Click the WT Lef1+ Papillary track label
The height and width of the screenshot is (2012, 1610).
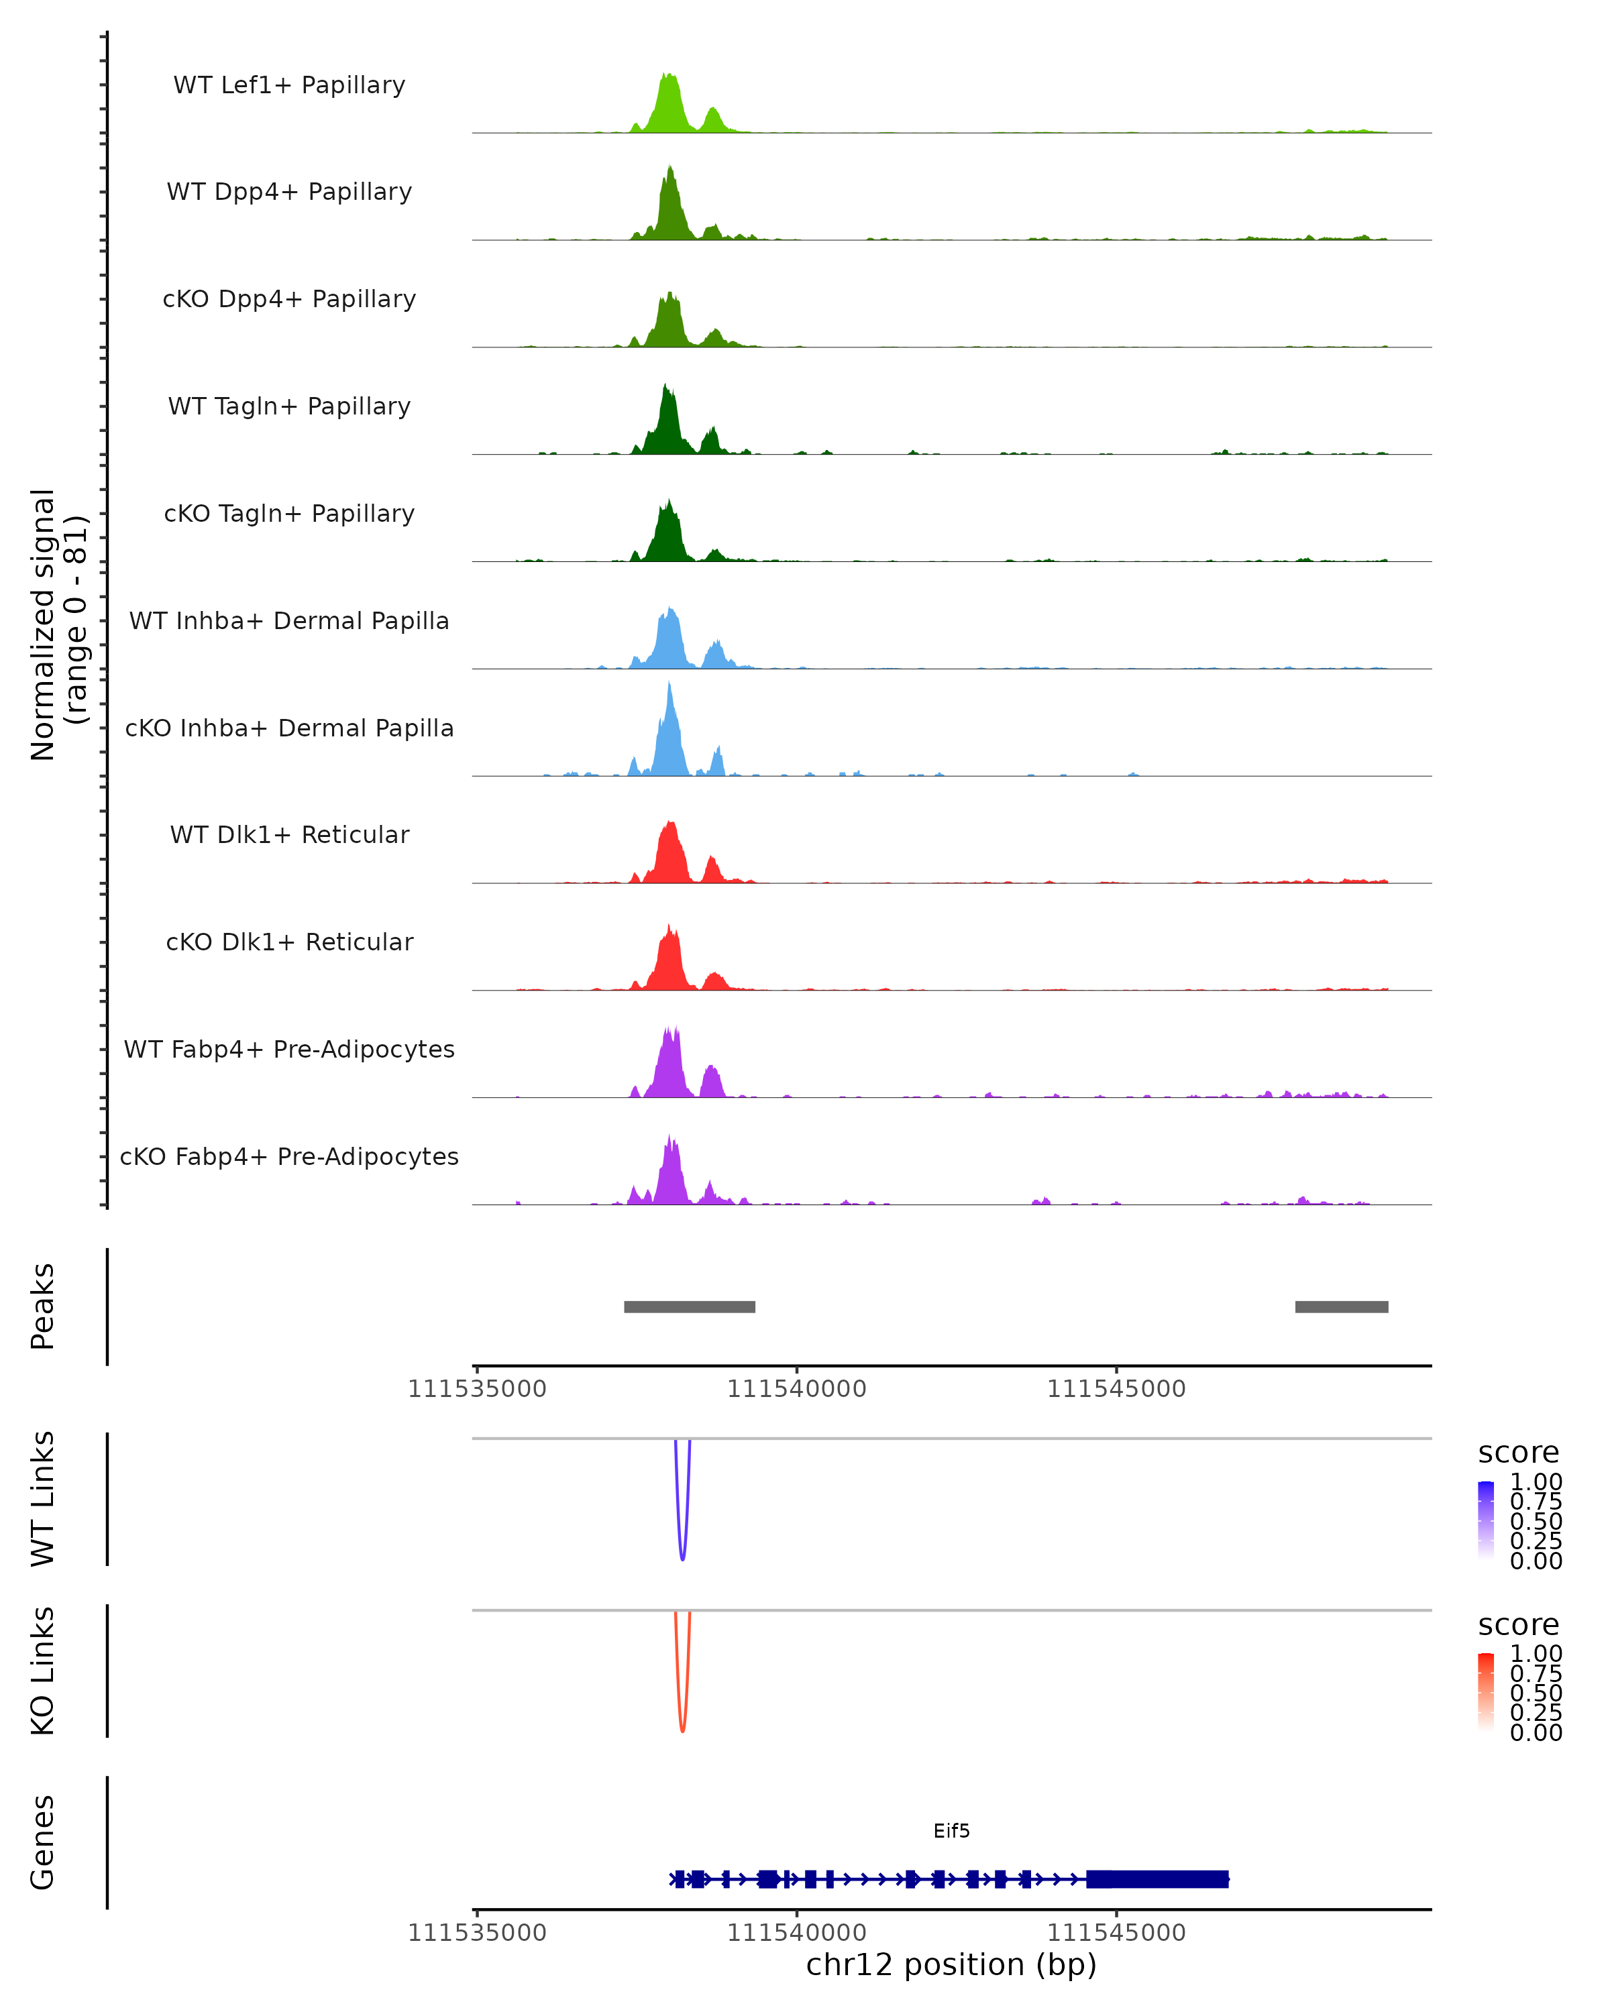[x=289, y=85]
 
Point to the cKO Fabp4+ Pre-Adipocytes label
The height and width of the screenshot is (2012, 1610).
[x=289, y=1156]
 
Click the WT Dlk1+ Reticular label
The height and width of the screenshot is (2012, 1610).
[x=289, y=834]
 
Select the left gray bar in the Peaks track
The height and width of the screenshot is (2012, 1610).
[x=689, y=1306]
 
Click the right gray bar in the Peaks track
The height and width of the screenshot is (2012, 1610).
[x=1341, y=1306]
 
